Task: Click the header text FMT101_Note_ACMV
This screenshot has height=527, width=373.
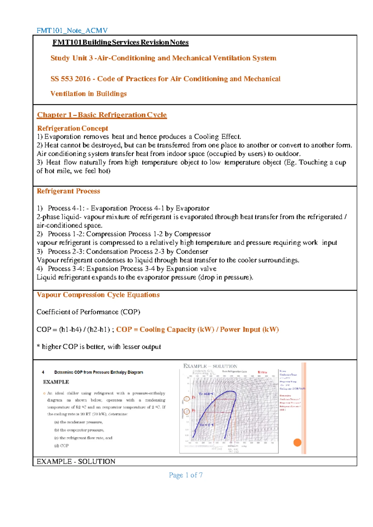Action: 72,30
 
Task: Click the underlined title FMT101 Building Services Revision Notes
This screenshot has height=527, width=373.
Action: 120,43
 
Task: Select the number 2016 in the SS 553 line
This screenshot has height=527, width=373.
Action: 83,79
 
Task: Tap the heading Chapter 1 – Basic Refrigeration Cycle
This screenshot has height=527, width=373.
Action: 102,115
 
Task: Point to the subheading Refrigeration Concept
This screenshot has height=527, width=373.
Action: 72,128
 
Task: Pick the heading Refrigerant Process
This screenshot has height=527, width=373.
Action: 68,191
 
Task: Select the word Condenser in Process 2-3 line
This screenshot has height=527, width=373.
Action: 192,251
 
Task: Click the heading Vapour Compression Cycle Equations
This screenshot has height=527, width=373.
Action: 98,295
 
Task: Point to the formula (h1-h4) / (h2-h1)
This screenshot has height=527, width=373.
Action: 84,330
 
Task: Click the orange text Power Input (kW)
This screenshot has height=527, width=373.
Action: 249,330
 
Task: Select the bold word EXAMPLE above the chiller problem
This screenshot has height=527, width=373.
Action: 56,382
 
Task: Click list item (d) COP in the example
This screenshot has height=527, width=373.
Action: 62,446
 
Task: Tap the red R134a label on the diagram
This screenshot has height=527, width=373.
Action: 262,372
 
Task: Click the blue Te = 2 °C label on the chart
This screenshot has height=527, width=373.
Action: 206,425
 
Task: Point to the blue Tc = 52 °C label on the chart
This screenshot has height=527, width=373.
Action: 206,394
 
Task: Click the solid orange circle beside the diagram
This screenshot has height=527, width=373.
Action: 297,443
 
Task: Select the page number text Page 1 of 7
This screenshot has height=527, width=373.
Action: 186,475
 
